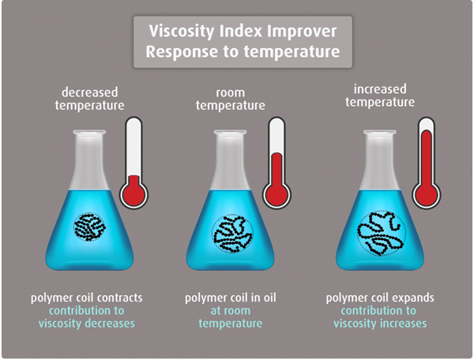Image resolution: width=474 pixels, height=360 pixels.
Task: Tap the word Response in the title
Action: tap(182, 51)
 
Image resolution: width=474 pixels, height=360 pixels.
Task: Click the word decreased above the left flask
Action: tap(90, 92)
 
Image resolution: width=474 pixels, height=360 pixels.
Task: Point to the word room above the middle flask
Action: tap(231, 92)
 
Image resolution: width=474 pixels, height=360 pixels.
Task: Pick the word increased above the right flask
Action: tap(380, 89)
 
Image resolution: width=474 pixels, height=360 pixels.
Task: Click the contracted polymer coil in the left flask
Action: tap(89, 227)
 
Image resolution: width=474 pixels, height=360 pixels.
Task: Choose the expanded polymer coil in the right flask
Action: tap(382, 234)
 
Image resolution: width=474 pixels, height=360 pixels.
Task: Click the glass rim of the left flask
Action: tap(89, 133)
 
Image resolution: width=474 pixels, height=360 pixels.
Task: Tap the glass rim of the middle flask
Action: tap(231, 133)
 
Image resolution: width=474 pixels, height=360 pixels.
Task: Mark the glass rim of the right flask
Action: tap(380, 133)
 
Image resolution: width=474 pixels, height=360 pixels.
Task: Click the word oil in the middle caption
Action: tap(270, 298)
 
